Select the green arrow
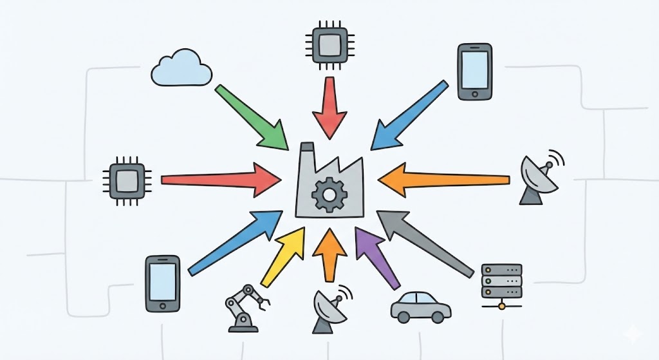[252, 117]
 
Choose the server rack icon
[501, 283]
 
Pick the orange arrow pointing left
[444, 178]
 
